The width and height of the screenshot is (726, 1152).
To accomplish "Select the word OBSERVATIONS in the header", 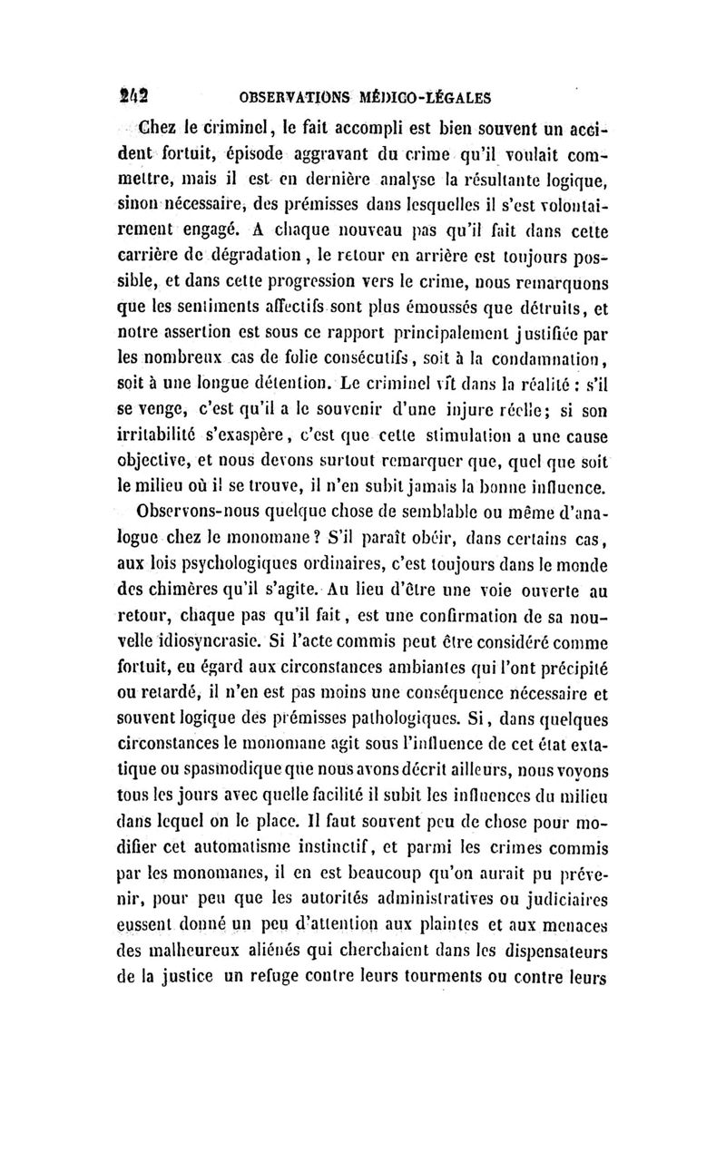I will point(288,94).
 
